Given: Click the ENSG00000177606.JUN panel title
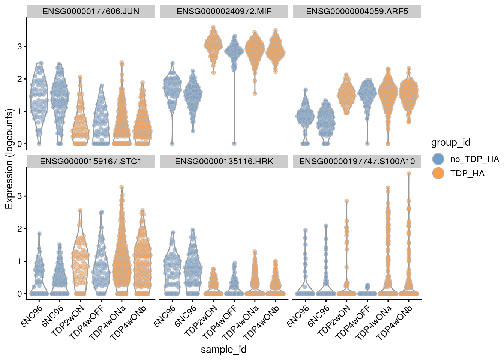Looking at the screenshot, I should click(91, 11).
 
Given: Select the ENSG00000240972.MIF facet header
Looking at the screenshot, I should click(224, 11).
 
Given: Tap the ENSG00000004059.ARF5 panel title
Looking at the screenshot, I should click(357, 11).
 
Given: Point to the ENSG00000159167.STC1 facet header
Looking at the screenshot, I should click(91, 162).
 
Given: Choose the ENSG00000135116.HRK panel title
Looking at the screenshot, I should click(224, 162).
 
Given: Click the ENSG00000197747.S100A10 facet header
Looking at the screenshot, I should click(357, 162).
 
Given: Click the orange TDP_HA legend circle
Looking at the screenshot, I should click(438, 173).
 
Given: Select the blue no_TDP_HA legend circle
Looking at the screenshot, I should click(438, 159).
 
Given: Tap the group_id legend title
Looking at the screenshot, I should click(451, 143).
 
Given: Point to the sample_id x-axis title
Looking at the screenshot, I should click(224, 349).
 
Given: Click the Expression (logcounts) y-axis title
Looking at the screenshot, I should click(9, 159).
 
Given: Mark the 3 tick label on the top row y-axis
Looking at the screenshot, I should click(19, 46).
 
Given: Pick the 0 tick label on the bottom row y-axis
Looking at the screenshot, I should click(19, 294).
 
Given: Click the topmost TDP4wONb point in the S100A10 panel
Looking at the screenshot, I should click(409, 174).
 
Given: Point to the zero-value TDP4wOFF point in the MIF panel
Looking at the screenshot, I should click(234, 144).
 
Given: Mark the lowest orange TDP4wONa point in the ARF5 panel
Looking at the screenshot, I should click(388, 144).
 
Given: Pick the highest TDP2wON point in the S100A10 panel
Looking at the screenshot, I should click(347, 201).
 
